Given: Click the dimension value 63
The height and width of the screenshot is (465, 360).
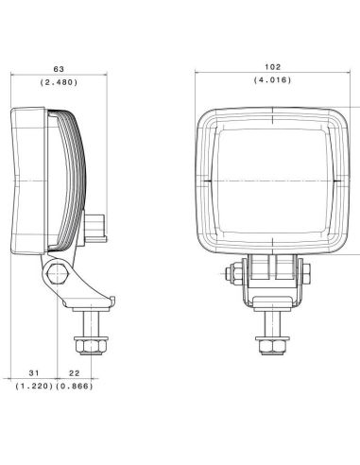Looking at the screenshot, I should tap(59, 68).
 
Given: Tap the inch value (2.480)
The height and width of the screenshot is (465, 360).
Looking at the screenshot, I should tap(59, 82).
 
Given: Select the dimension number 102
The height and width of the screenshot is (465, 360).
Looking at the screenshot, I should tap(270, 66).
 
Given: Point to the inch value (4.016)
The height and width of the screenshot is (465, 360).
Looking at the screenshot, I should tap(270, 80).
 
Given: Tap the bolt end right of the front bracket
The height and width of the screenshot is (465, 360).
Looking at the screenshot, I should tap(307, 275).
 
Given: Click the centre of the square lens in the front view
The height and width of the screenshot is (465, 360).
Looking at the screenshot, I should tap(270, 179).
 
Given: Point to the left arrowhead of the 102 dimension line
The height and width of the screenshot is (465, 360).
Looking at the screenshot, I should tap(197, 74).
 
